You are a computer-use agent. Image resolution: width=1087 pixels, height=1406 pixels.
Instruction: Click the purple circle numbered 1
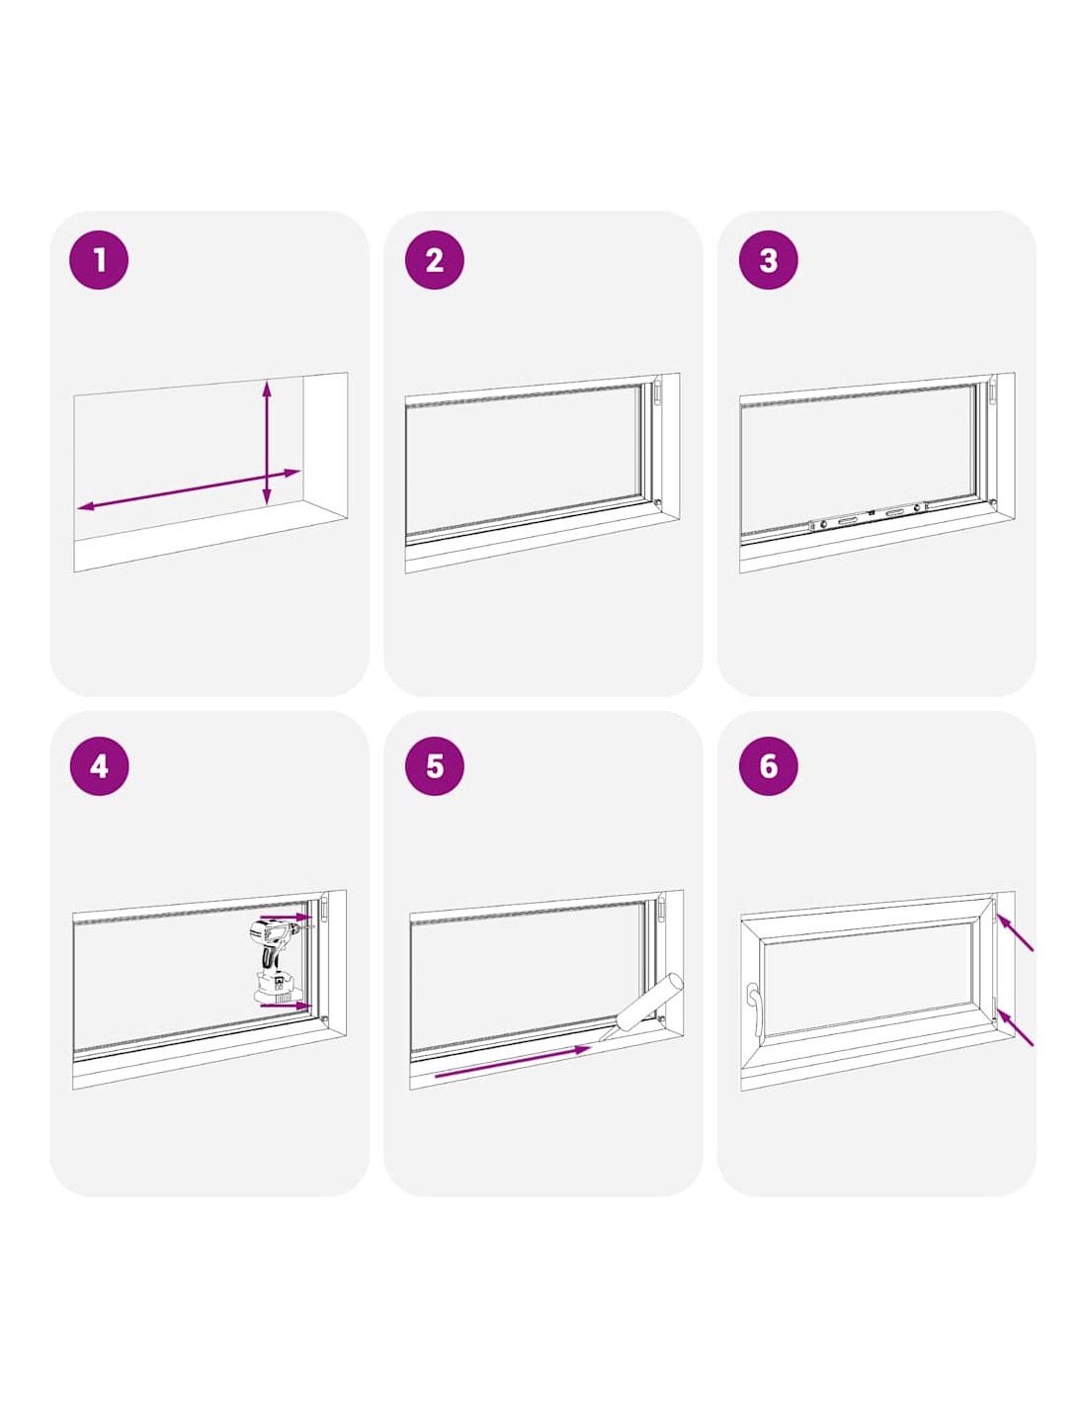(99, 260)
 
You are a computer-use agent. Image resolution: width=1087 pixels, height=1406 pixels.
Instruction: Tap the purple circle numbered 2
(435, 260)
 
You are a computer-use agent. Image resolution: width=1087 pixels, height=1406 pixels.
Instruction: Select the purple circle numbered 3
(768, 260)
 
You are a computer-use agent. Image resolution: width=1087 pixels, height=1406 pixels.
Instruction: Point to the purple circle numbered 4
(99, 766)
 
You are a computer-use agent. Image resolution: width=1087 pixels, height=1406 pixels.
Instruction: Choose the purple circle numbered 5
(435, 766)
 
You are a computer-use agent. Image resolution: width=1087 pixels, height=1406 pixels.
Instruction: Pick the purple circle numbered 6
(768, 766)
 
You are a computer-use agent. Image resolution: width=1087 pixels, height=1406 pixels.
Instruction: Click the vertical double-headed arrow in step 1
(267, 443)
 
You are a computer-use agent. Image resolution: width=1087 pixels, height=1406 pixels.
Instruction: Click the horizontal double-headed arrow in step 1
(189, 489)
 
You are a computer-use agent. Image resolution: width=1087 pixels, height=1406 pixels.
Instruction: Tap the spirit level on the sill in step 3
(868, 516)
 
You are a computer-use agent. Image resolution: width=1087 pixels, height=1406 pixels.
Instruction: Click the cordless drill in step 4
(276, 962)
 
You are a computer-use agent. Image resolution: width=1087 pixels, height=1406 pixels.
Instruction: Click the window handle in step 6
(753, 1013)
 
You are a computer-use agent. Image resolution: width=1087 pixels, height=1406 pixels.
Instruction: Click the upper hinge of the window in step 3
(992, 394)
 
